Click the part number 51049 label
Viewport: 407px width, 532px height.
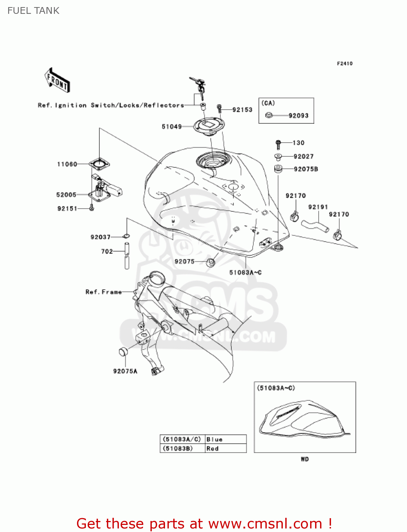pos(172,127)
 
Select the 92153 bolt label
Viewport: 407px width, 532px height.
pos(242,110)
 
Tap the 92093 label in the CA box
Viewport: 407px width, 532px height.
pos(298,116)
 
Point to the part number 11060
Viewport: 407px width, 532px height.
pos(67,164)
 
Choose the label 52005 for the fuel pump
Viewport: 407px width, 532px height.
pos(66,195)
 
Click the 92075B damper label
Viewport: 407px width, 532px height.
pos(306,169)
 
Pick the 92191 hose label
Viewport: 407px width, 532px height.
pos(318,207)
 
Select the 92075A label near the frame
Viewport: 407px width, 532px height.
pos(125,371)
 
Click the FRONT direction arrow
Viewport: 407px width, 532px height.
pos(57,81)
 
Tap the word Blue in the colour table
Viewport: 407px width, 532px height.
pos(214,439)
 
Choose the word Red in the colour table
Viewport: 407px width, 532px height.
pos(213,449)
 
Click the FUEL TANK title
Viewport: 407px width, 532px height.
pos(33,11)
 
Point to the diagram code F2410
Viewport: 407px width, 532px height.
pos(345,63)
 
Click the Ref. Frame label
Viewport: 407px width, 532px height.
pos(104,292)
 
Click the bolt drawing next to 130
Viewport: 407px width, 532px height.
pos(278,144)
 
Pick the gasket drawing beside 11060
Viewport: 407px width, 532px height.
pos(99,164)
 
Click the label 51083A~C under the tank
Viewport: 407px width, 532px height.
pos(245,272)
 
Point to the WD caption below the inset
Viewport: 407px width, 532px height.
pos(305,459)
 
